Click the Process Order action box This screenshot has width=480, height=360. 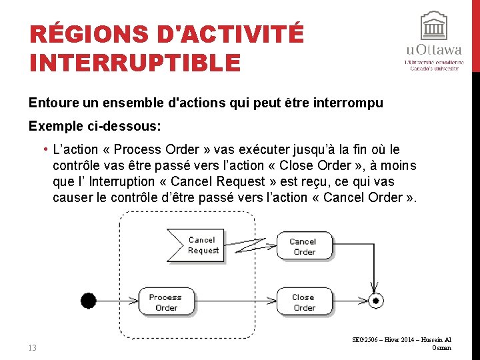click(x=165, y=302)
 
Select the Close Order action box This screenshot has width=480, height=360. click(x=303, y=302)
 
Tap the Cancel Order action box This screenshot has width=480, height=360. click(x=303, y=246)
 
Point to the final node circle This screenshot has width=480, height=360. click(x=375, y=301)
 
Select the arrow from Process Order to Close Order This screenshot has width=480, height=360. click(x=233, y=301)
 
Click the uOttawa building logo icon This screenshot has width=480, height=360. click(x=434, y=26)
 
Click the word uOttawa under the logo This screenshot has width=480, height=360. click(x=434, y=51)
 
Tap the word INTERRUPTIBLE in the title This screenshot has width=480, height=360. click(x=135, y=62)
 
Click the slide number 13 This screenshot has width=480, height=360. click(x=33, y=347)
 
